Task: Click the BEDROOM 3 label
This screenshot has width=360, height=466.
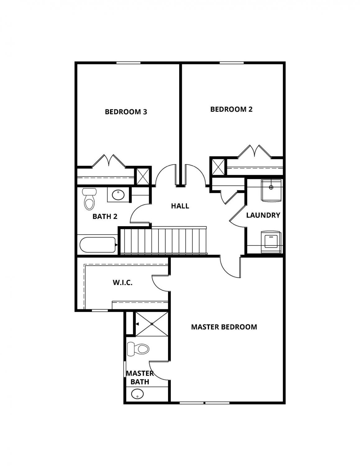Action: point(126,112)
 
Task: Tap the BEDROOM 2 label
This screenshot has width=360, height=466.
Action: point(231,109)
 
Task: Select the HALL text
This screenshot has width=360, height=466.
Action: point(180,206)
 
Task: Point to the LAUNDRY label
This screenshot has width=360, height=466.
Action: point(263,215)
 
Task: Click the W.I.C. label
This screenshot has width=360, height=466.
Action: point(123,283)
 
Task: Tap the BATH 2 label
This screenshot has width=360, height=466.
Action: point(105,217)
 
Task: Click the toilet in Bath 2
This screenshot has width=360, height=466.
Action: point(89,199)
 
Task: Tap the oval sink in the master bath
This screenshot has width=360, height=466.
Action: point(137,394)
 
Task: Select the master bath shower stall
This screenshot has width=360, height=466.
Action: point(152,324)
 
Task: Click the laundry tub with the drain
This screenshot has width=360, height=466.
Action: point(271,191)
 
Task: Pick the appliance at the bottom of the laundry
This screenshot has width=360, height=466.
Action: point(271,242)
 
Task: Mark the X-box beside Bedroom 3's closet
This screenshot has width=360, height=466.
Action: point(143,176)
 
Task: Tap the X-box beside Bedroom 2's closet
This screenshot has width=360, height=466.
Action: point(218,166)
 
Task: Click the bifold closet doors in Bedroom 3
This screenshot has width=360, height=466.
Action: point(109,161)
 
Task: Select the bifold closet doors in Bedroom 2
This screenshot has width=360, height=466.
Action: point(254,152)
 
